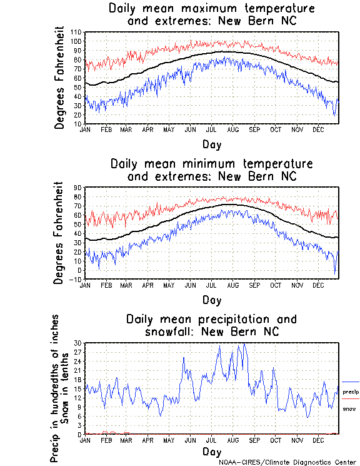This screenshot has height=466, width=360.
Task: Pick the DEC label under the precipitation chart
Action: [318, 440]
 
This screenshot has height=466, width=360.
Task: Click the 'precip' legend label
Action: [351, 392]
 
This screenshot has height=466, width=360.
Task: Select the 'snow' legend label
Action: [349, 408]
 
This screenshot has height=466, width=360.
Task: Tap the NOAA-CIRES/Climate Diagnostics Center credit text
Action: [287, 462]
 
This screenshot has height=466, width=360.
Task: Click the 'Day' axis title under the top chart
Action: [211, 144]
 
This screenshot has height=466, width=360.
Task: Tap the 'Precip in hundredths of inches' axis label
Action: [56, 388]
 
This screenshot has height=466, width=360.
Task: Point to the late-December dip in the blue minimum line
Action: [334, 273]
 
